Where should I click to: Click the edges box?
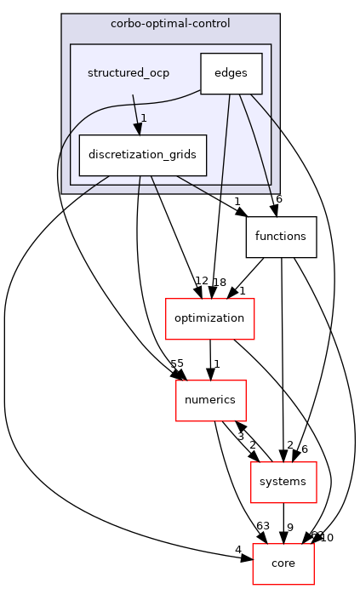pos(231,73)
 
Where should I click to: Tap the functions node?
pos(281,237)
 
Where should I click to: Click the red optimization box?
pos(209,318)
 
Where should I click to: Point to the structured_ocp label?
pos(129,73)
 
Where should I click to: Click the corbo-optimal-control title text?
pos(170,22)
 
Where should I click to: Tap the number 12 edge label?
pos(201,281)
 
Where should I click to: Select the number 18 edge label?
pos(220,281)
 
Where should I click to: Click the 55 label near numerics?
pos(177,363)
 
